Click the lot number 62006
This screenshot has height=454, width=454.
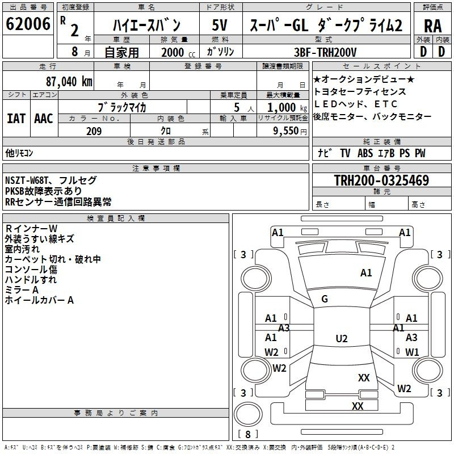pos(28,24)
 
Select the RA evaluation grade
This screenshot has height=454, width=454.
pos(432,26)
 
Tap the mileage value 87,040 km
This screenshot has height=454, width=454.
pos(69,82)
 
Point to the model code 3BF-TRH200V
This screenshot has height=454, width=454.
pos(325,52)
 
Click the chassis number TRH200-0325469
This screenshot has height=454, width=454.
pos(381,180)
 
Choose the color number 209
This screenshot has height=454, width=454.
pos(94,131)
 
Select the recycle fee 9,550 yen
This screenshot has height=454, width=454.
pos(290,131)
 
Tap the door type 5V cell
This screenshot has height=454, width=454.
pos(220,25)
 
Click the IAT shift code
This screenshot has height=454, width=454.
pos(16,119)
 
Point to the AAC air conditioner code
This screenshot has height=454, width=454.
pos(44,119)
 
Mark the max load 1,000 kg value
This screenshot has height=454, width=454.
pos(287,108)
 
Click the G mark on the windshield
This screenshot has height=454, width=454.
pos(325,299)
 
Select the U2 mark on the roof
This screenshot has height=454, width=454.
pos(342,338)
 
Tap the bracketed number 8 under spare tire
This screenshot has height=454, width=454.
pos(248,434)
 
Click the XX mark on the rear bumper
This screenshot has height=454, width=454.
pos(358,406)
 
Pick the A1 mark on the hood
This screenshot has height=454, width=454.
pos(366,273)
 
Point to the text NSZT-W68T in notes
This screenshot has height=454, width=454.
pos(26,180)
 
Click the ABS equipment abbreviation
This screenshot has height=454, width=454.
pos(365,153)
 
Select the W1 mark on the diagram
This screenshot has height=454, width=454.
pos(412,352)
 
